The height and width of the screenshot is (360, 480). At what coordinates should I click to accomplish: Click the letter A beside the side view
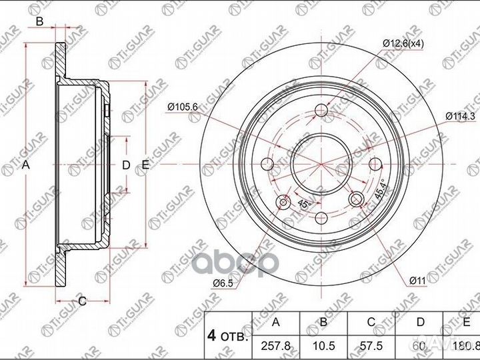click(27, 165)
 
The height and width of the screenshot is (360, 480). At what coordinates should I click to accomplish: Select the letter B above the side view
click(39, 23)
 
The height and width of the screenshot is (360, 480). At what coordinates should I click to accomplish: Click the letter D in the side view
click(125, 165)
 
